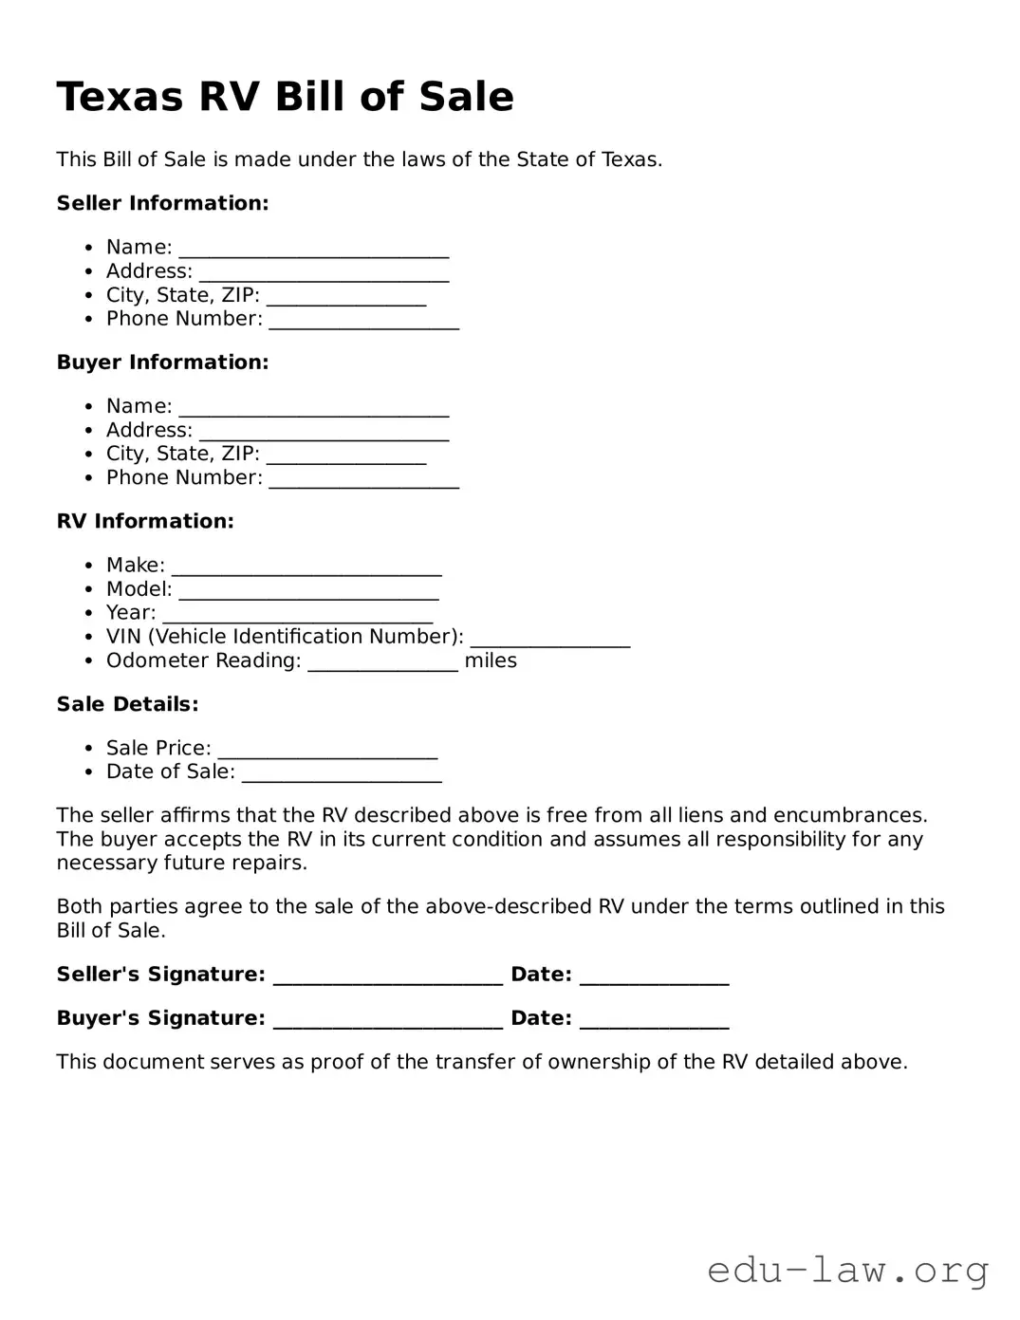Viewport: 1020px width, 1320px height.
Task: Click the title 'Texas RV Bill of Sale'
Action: (x=285, y=97)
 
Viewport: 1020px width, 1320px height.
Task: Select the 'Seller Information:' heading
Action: (x=162, y=203)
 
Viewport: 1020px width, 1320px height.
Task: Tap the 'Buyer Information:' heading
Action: (x=162, y=363)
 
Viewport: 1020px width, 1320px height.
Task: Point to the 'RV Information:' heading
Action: (x=145, y=521)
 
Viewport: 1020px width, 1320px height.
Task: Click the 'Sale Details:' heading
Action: (x=127, y=704)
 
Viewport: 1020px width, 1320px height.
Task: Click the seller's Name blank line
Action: (x=313, y=249)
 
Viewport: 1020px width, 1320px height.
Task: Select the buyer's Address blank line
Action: (x=324, y=432)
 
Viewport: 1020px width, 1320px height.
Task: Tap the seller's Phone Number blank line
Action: (x=363, y=321)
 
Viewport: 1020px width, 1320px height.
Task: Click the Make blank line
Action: (x=306, y=567)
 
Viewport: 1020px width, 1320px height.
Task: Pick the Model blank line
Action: (x=308, y=590)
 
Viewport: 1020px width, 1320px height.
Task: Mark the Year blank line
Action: (x=297, y=614)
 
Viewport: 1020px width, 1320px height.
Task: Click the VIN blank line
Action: (x=549, y=639)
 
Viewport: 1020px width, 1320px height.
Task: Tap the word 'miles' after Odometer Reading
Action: (x=491, y=660)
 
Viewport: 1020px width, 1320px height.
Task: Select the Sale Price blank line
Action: (x=327, y=750)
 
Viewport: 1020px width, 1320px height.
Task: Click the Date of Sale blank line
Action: (x=342, y=773)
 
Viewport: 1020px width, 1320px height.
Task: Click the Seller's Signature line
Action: (x=387, y=976)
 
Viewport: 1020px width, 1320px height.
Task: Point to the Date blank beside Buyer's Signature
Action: (x=654, y=1020)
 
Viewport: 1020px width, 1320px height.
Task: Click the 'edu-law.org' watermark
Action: (x=848, y=1269)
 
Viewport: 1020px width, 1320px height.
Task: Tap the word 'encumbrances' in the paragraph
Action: (x=848, y=815)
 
